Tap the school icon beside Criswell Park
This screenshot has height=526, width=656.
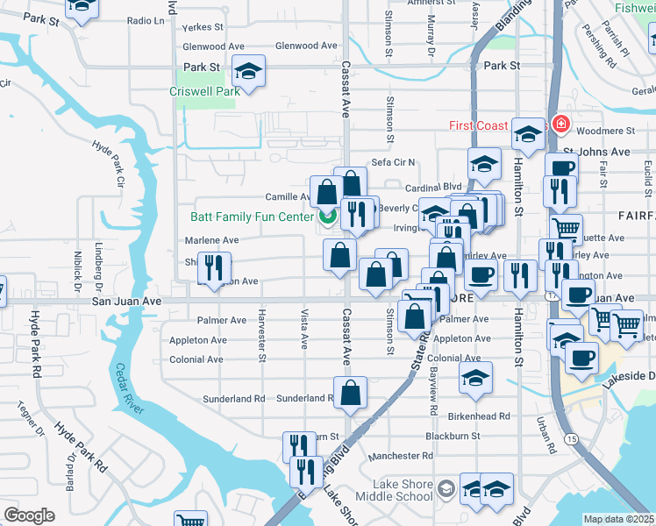pyautogui.click(x=248, y=71)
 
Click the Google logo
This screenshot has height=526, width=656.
pyautogui.click(x=29, y=515)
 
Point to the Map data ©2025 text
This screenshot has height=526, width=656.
pyautogui.click(x=619, y=519)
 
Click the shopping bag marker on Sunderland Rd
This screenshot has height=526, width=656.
pyautogui.click(x=350, y=394)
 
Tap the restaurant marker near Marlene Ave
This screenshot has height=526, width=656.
pyautogui.click(x=214, y=267)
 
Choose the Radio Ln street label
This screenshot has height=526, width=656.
pyautogui.click(x=146, y=20)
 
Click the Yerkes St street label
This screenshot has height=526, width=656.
pyautogui.click(x=203, y=27)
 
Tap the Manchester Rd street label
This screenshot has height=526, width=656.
pyautogui.click(x=401, y=456)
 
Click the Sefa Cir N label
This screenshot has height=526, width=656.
pyautogui.click(x=392, y=162)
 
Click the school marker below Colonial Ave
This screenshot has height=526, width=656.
pyautogui.click(x=474, y=377)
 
